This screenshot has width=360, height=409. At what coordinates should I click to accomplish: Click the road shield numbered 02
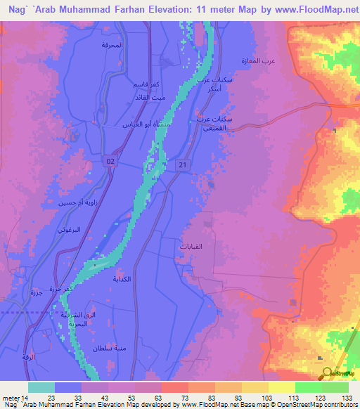coord(111,161)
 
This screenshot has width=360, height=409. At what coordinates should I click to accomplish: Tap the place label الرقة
coord(28,358)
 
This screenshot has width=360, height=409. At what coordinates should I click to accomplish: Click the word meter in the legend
coord(8,398)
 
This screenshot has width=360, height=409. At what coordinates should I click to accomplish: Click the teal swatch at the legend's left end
coord(41,387)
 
